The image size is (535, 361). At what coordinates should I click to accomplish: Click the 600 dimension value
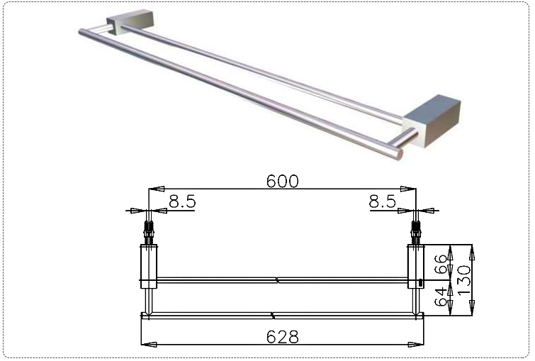point(281,181)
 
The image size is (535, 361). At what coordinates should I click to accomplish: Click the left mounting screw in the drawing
point(148,231)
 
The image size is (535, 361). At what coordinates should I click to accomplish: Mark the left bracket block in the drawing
point(148,266)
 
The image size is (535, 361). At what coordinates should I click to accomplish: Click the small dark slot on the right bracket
point(419,283)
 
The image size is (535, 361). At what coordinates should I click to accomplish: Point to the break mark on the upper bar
point(278,280)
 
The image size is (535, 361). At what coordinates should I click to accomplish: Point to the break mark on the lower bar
point(273,314)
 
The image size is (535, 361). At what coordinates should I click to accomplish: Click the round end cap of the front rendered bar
point(399,152)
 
